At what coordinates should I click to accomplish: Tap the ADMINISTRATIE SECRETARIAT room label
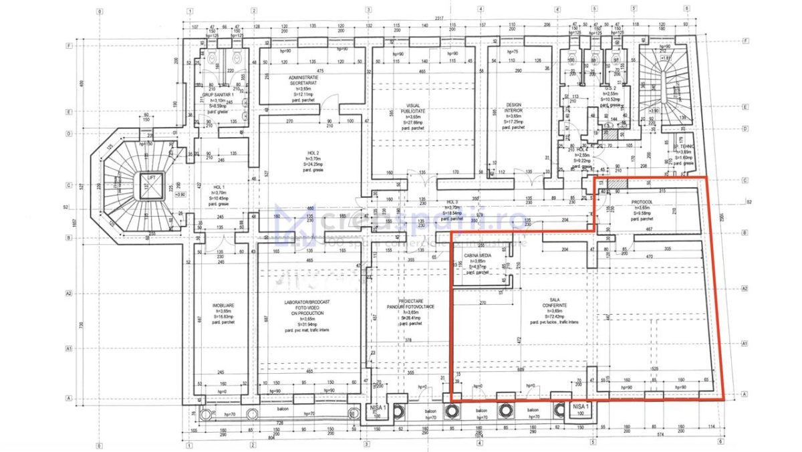tap(303, 80)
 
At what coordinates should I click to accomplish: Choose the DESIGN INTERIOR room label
tap(513, 107)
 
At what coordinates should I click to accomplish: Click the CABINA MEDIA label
tap(478, 257)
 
